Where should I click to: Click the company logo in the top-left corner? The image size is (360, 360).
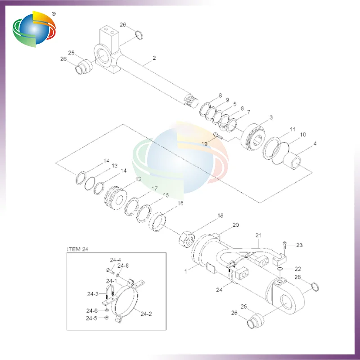tap(35, 30)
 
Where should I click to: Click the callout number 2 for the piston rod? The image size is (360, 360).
tap(154, 58)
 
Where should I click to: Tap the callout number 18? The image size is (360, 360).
tap(220, 216)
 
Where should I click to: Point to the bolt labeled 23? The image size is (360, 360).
tap(285, 246)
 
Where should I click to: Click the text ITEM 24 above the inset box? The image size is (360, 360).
tap(77, 249)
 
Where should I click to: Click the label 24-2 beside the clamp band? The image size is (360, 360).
tap(147, 314)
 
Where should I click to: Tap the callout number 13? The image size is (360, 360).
tap(102, 166)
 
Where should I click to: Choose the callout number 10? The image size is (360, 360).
tap(303, 135)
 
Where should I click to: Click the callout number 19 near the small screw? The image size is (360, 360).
tap(204, 144)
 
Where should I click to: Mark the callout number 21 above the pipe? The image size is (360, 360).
tap(258, 235)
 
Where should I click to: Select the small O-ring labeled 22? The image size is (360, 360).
tap(280, 269)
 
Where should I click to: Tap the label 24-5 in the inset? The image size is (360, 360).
tap(92, 319)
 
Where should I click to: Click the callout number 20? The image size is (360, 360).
tap(235, 225)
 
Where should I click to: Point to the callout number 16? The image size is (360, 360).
tap(181, 204)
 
